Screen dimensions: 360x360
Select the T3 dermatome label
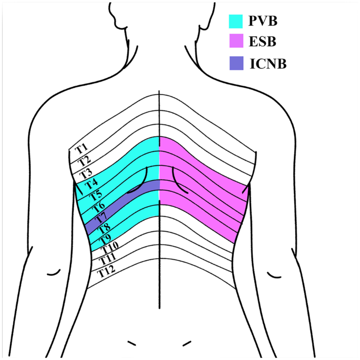[86, 173]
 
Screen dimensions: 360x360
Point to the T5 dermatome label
[95, 196]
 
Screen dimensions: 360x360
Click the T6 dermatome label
[99, 207]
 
